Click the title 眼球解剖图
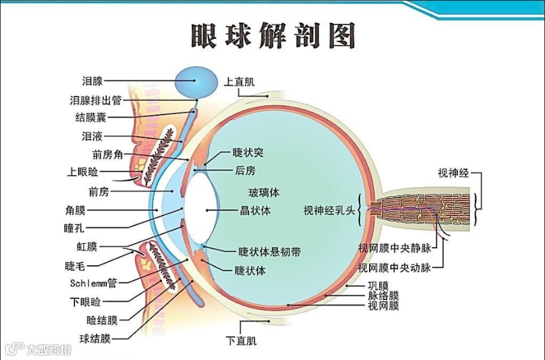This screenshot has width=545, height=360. (x=272, y=35)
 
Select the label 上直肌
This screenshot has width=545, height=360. (x=239, y=80)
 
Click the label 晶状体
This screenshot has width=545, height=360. (x=255, y=211)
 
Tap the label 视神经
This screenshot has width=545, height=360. (x=453, y=173)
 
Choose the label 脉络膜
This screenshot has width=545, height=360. (x=382, y=295)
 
